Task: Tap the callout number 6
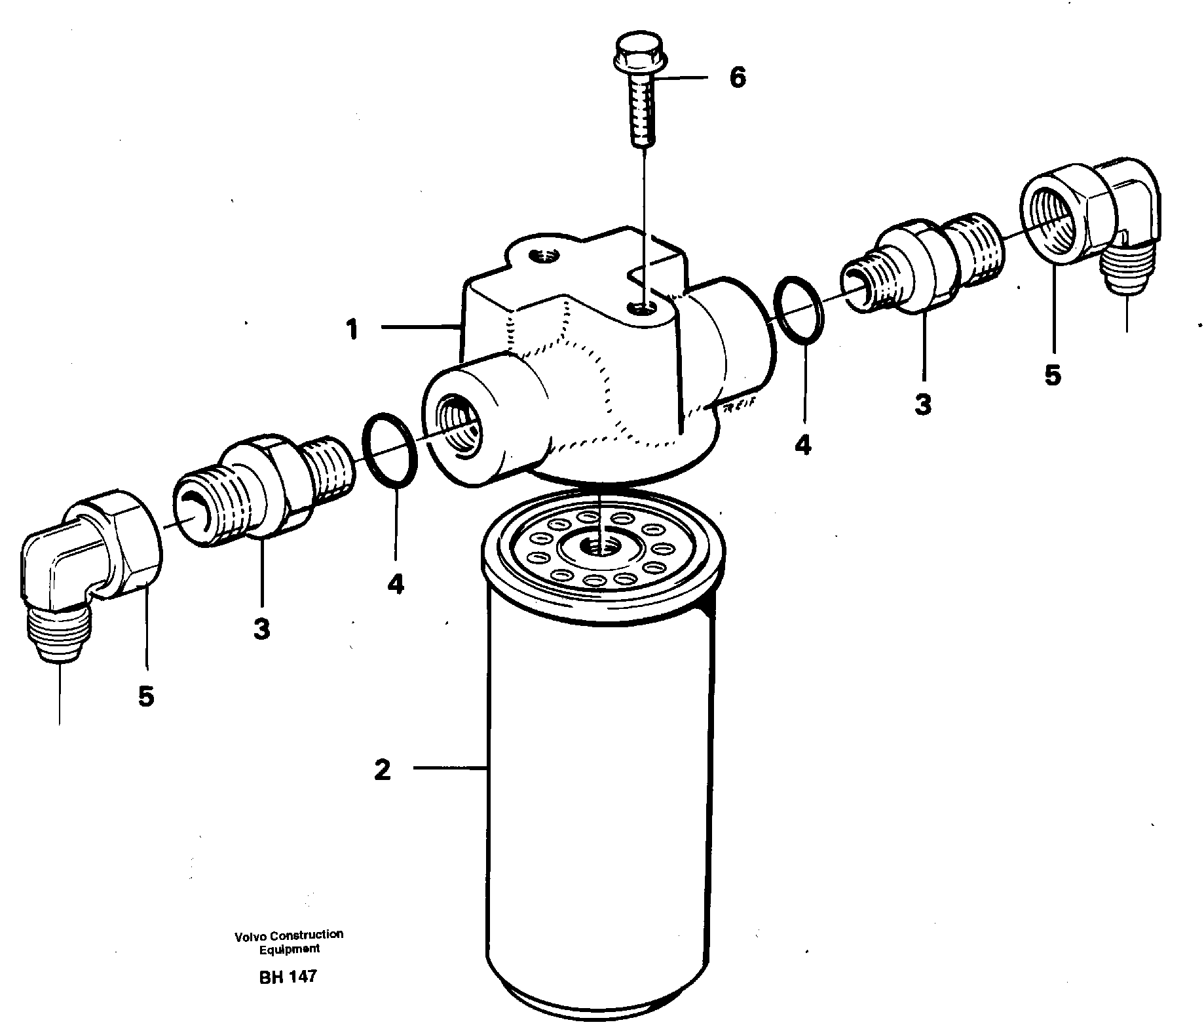point(737,78)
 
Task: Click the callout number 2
point(382,770)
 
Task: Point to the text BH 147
point(288,976)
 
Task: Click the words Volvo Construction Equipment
point(289,941)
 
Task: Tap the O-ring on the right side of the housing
point(799,309)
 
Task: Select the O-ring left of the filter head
point(390,451)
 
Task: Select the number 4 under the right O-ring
point(802,445)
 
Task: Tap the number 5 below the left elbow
point(145,696)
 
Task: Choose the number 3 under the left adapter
point(261,629)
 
